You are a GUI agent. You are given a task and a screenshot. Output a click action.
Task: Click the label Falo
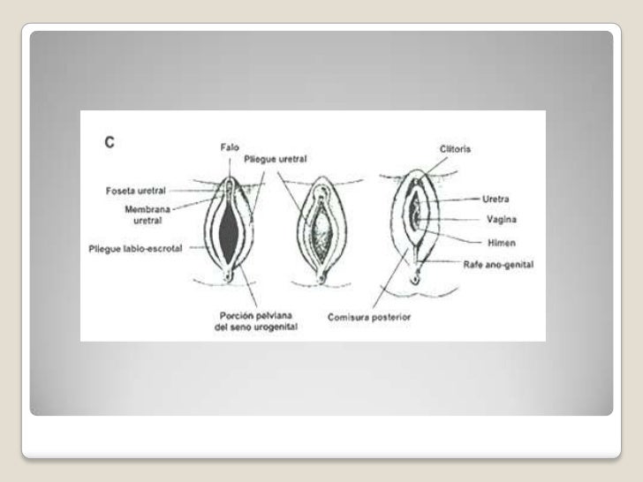coord(231,147)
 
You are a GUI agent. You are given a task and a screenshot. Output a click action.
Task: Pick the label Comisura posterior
coord(370,316)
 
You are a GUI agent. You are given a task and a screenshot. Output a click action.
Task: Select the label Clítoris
coord(454,149)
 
